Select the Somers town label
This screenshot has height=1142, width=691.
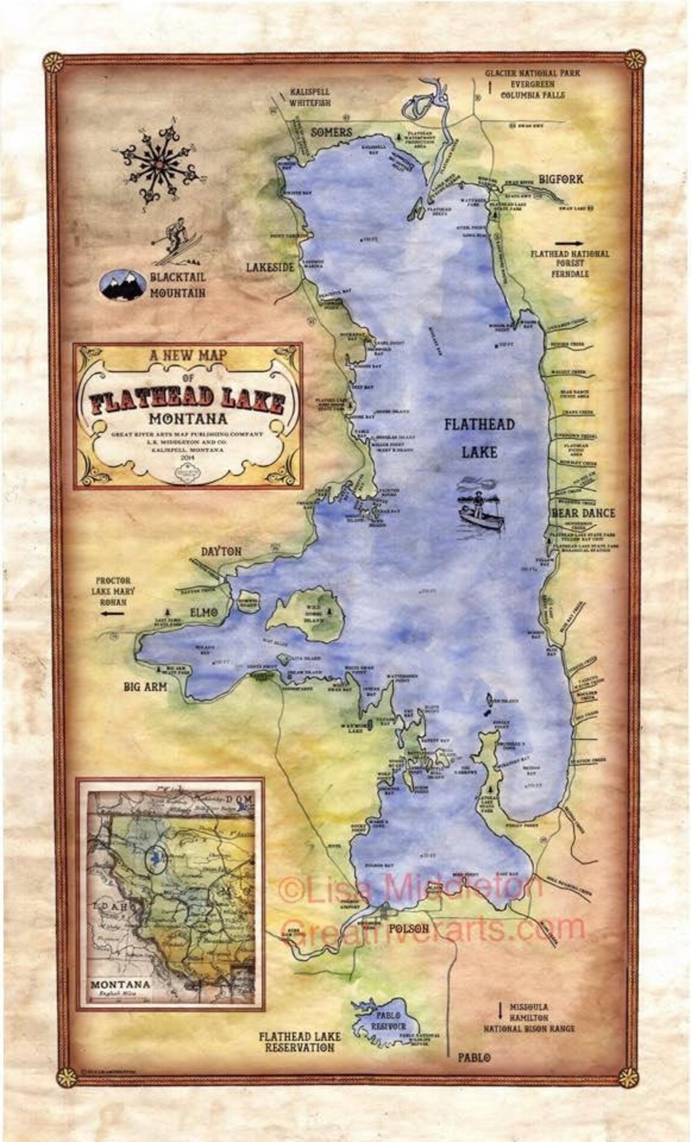click(332, 132)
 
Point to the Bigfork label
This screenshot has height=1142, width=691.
click(560, 179)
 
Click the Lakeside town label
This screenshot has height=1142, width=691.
click(270, 267)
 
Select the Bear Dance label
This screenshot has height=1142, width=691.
click(583, 513)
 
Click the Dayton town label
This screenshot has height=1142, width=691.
click(221, 551)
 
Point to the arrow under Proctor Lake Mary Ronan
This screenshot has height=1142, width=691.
click(113, 614)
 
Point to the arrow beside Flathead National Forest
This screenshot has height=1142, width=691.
click(570, 243)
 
